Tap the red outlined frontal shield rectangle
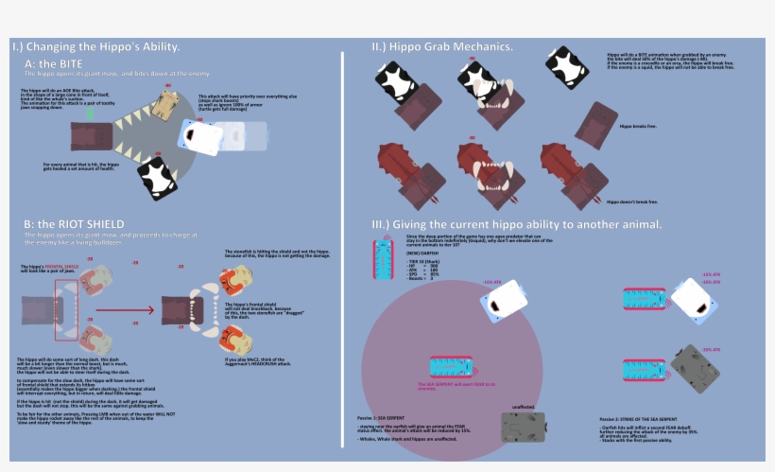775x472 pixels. tap(68, 307)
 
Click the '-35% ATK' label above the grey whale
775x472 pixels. tap(712, 349)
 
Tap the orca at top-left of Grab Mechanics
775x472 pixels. tap(395, 82)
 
